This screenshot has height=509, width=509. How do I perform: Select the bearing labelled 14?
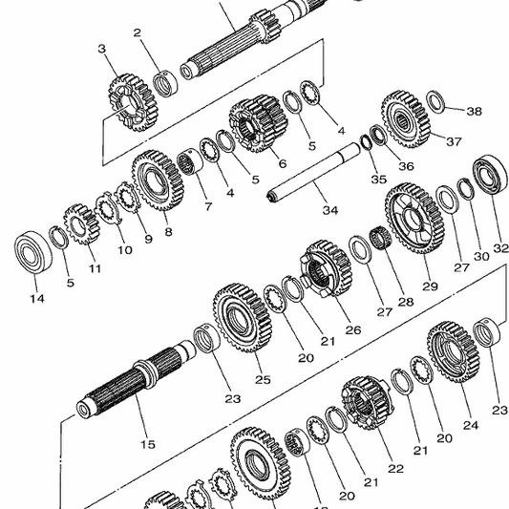(x=33, y=252)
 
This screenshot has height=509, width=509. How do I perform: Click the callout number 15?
(x=147, y=444)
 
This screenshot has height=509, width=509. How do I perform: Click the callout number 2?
(x=138, y=33)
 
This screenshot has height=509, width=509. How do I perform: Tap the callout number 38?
(x=474, y=111)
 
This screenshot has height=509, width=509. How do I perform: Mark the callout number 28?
(x=407, y=302)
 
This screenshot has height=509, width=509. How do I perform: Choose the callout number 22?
(x=395, y=469)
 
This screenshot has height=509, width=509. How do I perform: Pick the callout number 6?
(x=282, y=163)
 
